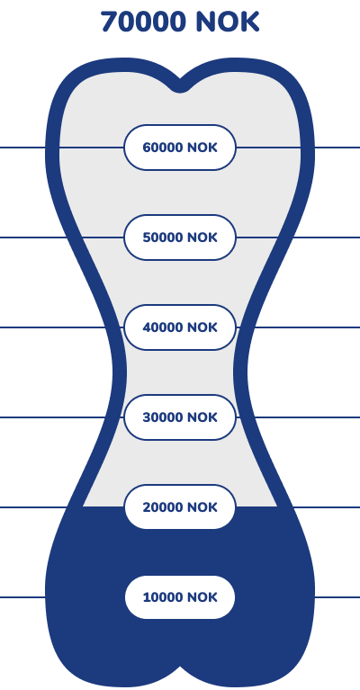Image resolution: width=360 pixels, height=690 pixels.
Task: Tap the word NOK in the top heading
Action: (228, 22)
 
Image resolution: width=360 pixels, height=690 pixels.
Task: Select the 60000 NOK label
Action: (180, 148)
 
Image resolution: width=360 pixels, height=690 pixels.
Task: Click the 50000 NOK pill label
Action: (180, 237)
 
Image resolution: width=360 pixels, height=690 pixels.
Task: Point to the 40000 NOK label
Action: (180, 327)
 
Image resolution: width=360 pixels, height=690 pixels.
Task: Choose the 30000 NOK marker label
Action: (180, 417)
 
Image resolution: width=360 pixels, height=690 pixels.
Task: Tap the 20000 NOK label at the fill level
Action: (180, 507)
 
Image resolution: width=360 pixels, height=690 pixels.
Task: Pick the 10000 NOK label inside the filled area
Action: (180, 597)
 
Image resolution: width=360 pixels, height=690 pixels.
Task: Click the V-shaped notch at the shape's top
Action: (180, 86)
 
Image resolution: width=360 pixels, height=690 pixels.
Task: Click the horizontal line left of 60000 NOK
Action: (61, 148)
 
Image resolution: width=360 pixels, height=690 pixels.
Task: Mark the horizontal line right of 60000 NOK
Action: (298, 148)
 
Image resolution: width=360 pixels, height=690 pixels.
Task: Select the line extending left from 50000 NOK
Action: (61, 237)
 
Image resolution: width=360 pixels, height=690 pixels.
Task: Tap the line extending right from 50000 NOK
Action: (298, 237)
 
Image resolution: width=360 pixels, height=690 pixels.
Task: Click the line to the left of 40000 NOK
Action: (61, 327)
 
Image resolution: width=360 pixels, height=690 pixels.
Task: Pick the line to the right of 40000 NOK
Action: (298, 327)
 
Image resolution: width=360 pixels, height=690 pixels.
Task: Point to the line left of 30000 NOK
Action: (61, 417)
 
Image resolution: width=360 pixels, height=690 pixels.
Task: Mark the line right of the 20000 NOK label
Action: (298, 507)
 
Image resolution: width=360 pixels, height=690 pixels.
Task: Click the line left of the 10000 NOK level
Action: (22, 597)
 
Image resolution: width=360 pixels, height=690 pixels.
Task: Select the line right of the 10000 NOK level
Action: (337, 597)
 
